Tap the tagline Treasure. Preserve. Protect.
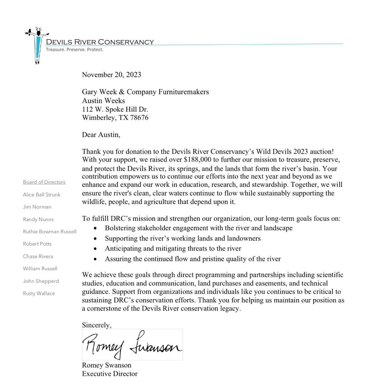point(74,50)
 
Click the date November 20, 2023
point(111,75)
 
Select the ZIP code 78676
point(139,118)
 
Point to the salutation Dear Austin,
point(101,134)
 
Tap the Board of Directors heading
point(44,182)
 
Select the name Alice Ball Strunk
point(42,195)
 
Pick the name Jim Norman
point(37,207)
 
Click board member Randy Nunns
point(38,220)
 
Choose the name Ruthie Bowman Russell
point(50,232)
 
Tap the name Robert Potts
point(37,244)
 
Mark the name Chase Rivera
point(38,256)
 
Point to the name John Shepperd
point(41,281)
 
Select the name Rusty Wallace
point(39,293)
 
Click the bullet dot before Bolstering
point(95,228)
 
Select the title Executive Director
point(110,374)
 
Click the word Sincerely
point(97,325)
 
